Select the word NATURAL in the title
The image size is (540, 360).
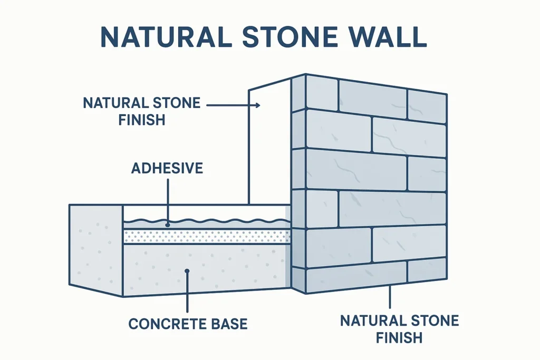(x=166, y=36)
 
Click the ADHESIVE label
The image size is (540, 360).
(x=167, y=168)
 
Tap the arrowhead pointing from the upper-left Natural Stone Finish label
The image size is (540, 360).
(x=257, y=105)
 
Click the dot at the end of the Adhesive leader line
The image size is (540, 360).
(x=167, y=225)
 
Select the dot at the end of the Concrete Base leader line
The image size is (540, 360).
(x=187, y=271)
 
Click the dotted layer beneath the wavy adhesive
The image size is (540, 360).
(x=207, y=237)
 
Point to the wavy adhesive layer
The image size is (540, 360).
(x=207, y=223)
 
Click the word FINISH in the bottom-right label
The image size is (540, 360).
(x=399, y=338)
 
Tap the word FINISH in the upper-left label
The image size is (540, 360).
(x=142, y=120)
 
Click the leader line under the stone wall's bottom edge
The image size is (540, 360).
(x=390, y=297)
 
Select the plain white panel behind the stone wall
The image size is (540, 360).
(x=269, y=144)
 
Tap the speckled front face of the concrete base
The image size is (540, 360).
(x=207, y=268)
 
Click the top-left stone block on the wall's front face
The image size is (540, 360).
(x=322, y=93)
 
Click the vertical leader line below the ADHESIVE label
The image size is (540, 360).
(x=167, y=201)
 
